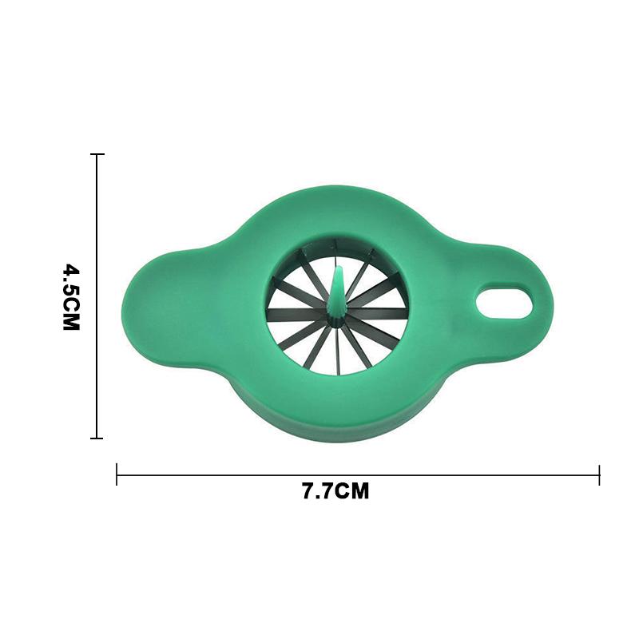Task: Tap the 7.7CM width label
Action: [x=335, y=491]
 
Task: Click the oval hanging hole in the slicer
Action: [x=504, y=301]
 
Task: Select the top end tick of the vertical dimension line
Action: [x=97, y=154]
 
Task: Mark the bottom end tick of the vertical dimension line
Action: [x=97, y=438]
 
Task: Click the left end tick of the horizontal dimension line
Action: [x=117, y=474]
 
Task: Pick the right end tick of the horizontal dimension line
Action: [x=599, y=474]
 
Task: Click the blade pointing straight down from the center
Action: [x=337, y=351]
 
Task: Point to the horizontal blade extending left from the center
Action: [x=296, y=315]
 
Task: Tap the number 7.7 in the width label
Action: [x=317, y=491]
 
